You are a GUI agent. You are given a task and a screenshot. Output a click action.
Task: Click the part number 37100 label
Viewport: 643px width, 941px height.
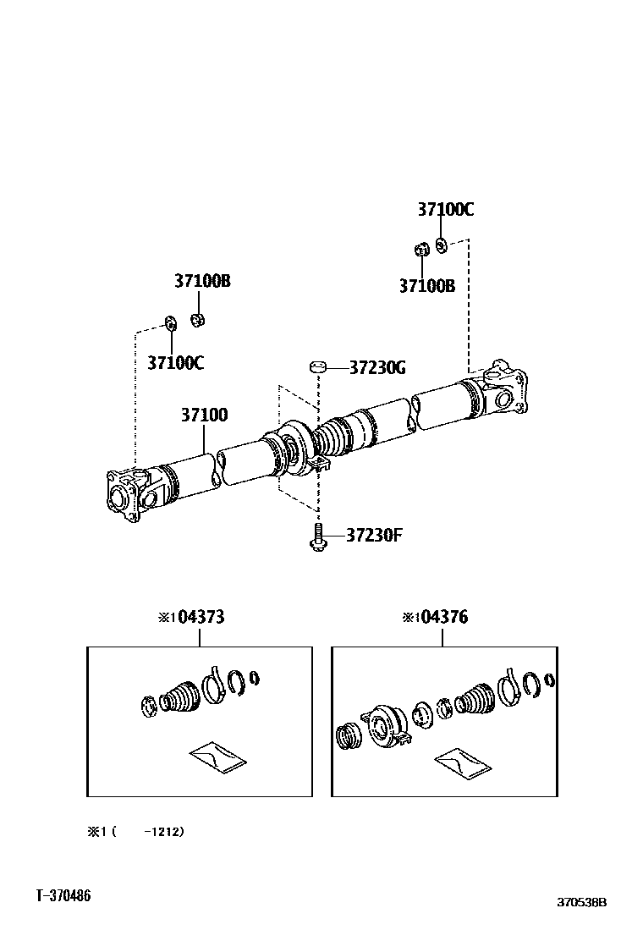[203, 415]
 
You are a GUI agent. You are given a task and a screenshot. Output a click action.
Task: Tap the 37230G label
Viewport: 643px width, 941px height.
[377, 367]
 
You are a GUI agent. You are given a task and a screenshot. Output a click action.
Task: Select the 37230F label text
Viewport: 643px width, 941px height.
[373, 535]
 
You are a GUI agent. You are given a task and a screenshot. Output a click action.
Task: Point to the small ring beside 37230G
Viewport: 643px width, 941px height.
[317, 366]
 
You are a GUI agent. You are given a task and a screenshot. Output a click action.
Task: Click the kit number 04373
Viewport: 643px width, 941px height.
[200, 617]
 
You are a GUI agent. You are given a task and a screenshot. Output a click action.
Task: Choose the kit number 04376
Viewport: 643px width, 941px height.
[442, 617]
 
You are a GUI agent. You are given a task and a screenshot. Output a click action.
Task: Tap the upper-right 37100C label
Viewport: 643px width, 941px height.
[444, 210]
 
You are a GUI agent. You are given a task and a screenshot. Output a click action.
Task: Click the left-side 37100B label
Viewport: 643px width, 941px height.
[202, 281]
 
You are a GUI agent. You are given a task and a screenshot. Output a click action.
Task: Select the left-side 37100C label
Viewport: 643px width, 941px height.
[175, 363]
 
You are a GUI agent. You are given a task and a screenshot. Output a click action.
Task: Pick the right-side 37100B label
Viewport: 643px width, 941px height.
[427, 286]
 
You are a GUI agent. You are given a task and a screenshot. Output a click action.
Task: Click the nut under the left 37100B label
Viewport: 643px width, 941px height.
[198, 319]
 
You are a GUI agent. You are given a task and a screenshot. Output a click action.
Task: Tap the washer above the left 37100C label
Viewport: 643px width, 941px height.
[169, 322]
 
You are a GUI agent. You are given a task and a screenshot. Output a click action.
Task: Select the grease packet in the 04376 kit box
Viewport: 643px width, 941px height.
[462, 762]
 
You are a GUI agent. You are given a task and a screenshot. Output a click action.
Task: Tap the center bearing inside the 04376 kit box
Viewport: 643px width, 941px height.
[384, 724]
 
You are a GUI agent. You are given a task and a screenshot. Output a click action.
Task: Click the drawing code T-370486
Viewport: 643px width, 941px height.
[63, 895]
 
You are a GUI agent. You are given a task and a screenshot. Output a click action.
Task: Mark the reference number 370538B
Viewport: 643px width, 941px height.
[581, 903]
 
